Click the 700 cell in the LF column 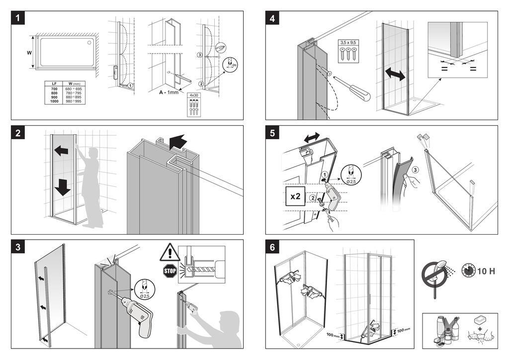[54, 88]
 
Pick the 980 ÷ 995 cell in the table [74, 101]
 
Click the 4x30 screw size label [193, 94]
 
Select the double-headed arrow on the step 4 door [395, 75]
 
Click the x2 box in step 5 [295, 196]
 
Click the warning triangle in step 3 [169, 253]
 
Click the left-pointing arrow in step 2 [61, 150]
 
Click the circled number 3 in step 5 [416, 169]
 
